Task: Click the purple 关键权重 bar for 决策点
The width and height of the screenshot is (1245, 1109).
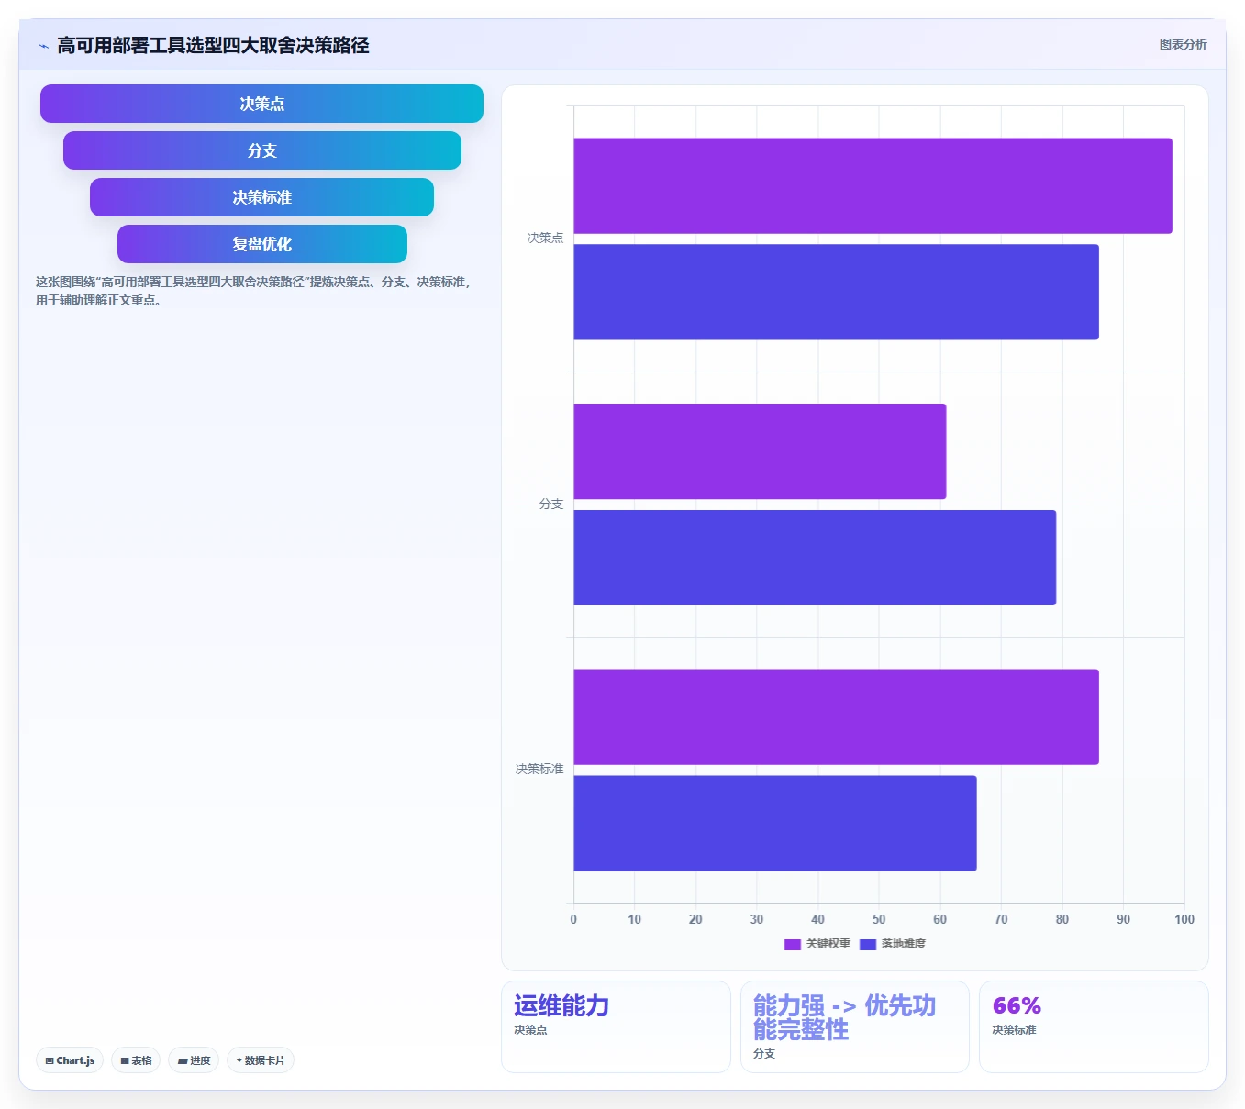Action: tap(873, 185)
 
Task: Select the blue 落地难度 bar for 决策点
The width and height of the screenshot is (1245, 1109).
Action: tap(837, 292)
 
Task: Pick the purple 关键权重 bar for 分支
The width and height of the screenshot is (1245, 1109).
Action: tap(761, 451)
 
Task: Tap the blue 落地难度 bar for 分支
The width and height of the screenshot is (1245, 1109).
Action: tap(815, 558)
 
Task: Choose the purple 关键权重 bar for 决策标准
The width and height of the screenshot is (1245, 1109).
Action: tap(837, 716)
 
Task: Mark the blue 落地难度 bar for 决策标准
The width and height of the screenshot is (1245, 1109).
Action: tap(775, 824)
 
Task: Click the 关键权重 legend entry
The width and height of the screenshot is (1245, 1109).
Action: tap(817, 944)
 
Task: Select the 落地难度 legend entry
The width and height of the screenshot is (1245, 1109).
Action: tap(893, 944)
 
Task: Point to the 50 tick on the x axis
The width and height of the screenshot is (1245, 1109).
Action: tap(879, 919)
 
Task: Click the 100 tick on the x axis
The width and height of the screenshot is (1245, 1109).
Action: tap(1184, 919)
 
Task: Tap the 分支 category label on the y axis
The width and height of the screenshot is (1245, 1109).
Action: tap(551, 504)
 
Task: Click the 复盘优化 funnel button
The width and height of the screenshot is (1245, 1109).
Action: tap(262, 244)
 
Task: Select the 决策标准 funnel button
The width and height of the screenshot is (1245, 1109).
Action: tap(261, 197)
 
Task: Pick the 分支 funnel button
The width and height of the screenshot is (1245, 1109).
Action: tap(262, 150)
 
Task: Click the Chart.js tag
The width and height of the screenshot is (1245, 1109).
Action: tap(70, 1060)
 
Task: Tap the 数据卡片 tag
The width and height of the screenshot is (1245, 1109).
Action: tap(261, 1060)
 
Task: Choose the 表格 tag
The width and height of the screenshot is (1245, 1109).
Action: tap(136, 1060)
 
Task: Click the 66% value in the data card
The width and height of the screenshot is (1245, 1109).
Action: tap(1017, 1005)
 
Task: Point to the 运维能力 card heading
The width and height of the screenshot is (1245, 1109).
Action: tap(561, 1005)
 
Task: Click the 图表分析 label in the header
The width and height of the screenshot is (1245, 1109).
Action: tap(1183, 44)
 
